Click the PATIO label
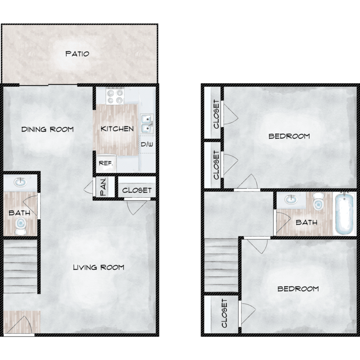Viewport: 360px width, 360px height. point(77,54)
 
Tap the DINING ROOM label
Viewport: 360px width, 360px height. point(48,129)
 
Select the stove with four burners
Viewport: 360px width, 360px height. point(115,96)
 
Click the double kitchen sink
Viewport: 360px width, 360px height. point(147,124)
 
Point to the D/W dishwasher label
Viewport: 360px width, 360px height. point(147,144)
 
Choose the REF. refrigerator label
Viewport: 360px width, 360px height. point(106,163)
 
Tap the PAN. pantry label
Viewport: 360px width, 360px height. point(103,187)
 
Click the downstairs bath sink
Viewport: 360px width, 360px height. point(20,182)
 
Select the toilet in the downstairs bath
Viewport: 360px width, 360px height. point(21,226)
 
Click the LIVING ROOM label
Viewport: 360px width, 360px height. point(98,267)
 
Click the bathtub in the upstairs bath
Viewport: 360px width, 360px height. point(344,214)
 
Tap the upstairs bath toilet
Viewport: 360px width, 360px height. point(318,201)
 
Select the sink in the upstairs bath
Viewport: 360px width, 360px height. point(291,199)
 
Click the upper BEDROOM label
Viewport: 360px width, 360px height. point(289,136)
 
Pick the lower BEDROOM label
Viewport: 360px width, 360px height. point(298,288)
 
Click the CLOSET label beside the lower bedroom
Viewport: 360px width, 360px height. point(224,313)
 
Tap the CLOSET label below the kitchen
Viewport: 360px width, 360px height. point(137,191)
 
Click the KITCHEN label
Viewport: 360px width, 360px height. point(117,129)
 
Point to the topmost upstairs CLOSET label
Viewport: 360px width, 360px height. point(216,114)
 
